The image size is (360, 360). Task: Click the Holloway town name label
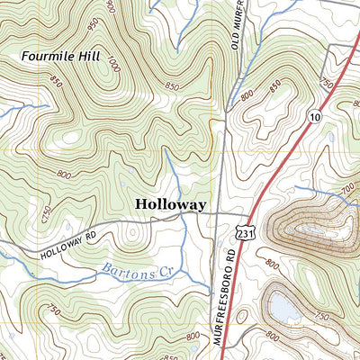tap(171, 204)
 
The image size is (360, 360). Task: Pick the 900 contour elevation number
tap(110, 6)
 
